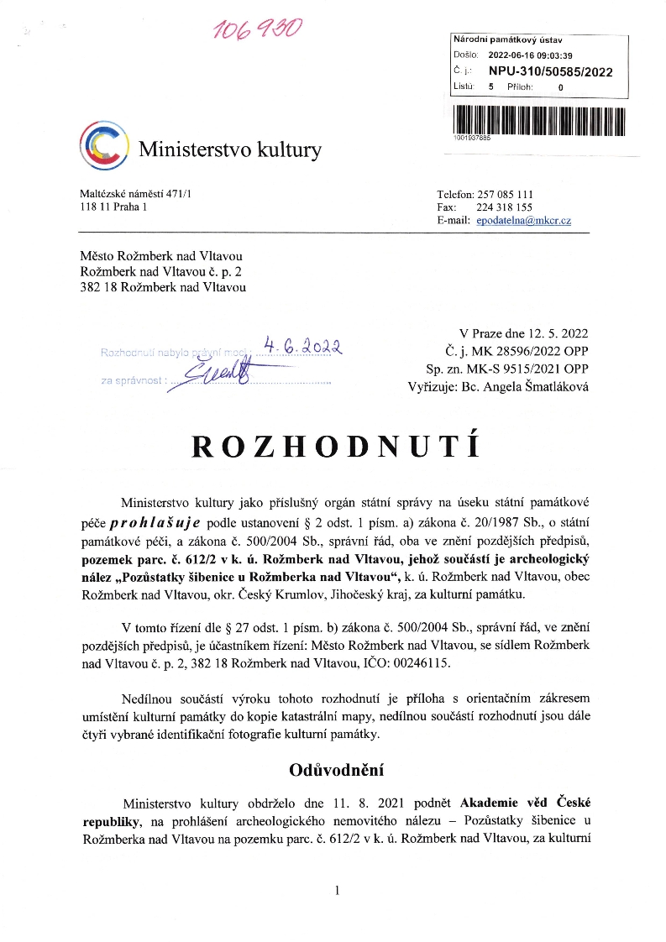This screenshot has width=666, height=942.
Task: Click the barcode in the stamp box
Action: (538, 116)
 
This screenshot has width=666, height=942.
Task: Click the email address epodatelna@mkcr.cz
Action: (523, 220)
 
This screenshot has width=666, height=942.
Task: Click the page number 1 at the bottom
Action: (336, 890)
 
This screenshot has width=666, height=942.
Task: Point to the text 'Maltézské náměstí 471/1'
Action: (135, 194)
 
